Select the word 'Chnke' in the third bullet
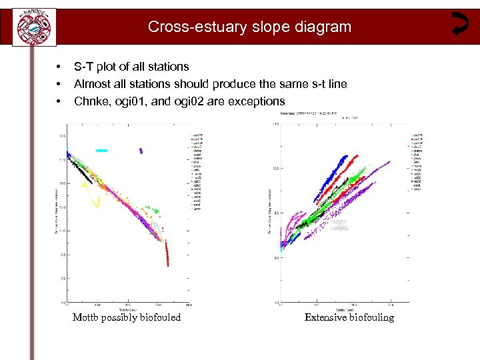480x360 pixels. click(91, 101)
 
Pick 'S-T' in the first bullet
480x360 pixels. click(84, 67)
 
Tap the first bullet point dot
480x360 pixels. click(59, 67)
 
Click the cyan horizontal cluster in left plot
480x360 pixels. click(101, 151)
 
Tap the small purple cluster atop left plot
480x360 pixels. click(140, 150)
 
